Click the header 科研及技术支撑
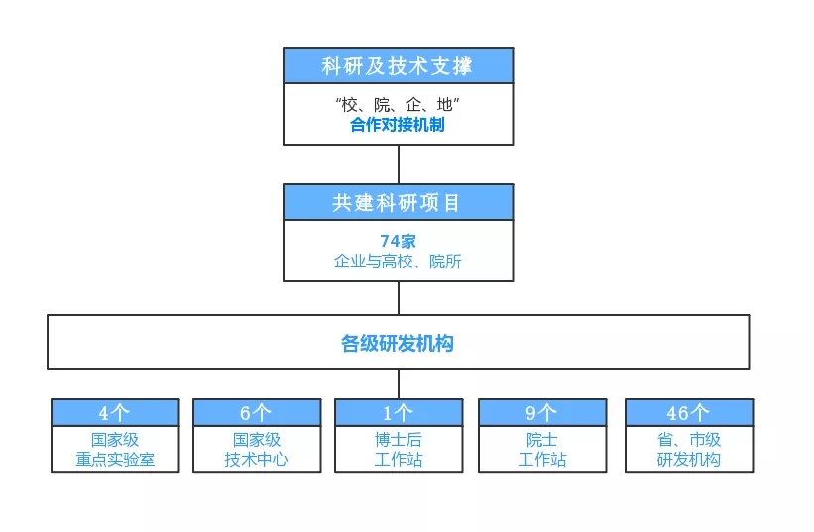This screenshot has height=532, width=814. pos(398,66)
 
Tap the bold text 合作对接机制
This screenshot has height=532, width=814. pos(398,125)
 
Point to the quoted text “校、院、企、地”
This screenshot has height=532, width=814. pos(398,105)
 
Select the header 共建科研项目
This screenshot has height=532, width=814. pos(397,203)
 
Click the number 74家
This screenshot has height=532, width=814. pos(399,241)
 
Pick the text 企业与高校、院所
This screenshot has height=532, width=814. pos(398,262)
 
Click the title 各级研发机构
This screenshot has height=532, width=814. pos(398,343)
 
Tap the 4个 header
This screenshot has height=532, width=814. pos(114,413)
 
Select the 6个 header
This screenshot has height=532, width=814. pos(256,413)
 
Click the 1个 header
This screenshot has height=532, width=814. pos(399,413)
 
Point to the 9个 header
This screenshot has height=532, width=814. pos(541,413)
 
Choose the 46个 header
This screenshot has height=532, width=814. pos(688,413)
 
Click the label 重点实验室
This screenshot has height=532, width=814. pos(115,460)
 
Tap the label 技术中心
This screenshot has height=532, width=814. pos(257,460)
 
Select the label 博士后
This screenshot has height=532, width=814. pos(399,440)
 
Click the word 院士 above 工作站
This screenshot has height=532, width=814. pos(542,440)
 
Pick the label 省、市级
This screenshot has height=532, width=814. pos(689,440)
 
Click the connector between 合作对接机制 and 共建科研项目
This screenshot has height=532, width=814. pos(399,164)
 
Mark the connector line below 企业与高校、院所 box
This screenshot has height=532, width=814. pos(399,298)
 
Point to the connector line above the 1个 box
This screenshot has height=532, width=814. pos(399,383)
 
